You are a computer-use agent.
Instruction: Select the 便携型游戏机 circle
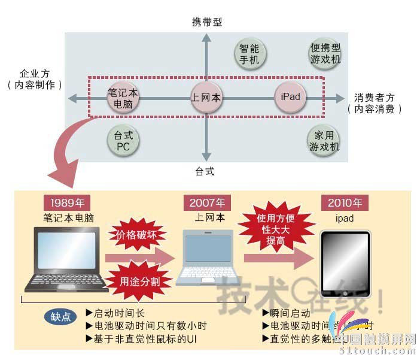(x=325, y=53)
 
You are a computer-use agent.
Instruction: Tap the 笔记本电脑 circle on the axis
(x=123, y=98)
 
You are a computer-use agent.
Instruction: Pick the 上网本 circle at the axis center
(x=206, y=98)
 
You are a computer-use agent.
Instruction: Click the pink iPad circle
(x=290, y=97)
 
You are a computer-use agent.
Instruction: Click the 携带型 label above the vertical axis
(x=207, y=22)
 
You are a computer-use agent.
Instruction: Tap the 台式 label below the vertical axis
(x=205, y=171)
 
